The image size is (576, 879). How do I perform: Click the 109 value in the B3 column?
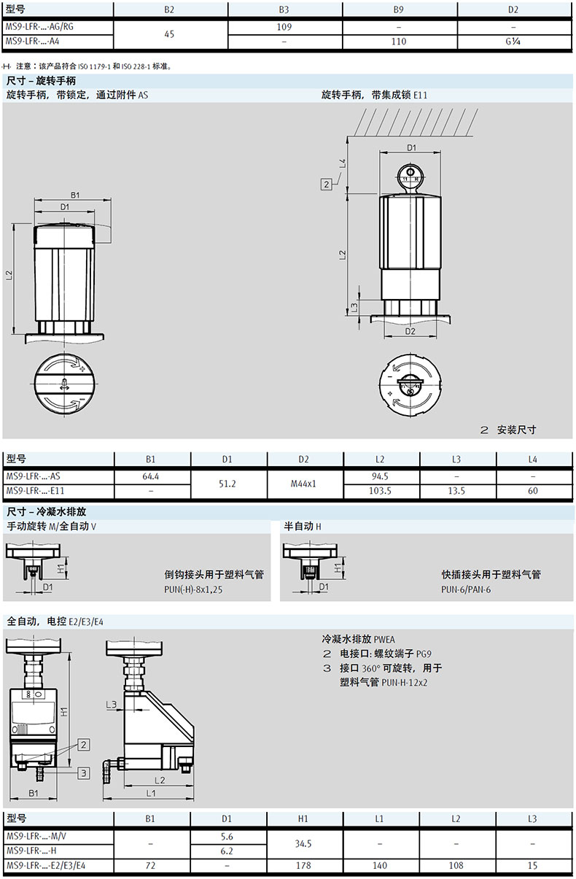284,27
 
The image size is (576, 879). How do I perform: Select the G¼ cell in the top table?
513,41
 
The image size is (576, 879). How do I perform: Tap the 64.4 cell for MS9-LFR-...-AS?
151,476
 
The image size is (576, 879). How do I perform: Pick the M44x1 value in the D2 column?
303,484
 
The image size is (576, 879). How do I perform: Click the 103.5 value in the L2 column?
380,491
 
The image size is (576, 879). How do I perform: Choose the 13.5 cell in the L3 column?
456,491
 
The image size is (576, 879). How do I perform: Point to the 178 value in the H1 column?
303,865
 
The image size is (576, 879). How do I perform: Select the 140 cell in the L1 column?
380,865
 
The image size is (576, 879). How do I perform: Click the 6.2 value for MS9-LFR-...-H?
227,851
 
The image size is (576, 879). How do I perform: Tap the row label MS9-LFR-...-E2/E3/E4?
46,865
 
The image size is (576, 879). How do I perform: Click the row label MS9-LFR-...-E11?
35,490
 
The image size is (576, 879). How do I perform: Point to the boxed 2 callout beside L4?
326,184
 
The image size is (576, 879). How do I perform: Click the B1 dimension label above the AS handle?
75,195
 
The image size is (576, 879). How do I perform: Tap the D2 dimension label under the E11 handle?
410,332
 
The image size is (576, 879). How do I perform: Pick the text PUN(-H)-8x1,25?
193,589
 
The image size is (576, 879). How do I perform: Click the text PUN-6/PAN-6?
466,589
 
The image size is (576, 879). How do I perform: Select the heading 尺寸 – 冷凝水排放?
46,511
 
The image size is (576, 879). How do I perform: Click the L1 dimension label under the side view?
151,793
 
